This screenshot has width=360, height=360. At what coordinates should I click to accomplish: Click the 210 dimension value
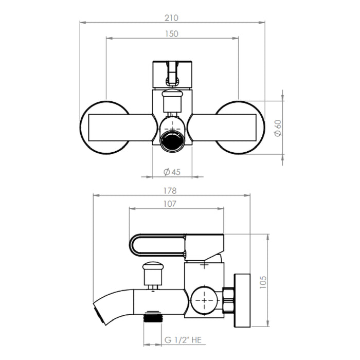click(x=171, y=18)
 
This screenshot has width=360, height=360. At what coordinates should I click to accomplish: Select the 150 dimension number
click(x=172, y=34)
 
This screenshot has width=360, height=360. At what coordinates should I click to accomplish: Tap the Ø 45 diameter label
click(x=172, y=172)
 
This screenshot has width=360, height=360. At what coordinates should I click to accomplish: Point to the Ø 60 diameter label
click(x=278, y=128)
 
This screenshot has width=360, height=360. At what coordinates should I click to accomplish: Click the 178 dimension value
click(x=170, y=191)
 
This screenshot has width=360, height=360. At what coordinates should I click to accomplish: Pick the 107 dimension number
click(x=170, y=204)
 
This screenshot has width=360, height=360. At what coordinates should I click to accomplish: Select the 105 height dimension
click(x=263, y=282)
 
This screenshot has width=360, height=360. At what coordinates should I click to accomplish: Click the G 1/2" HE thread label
click(x=183, y=340)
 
